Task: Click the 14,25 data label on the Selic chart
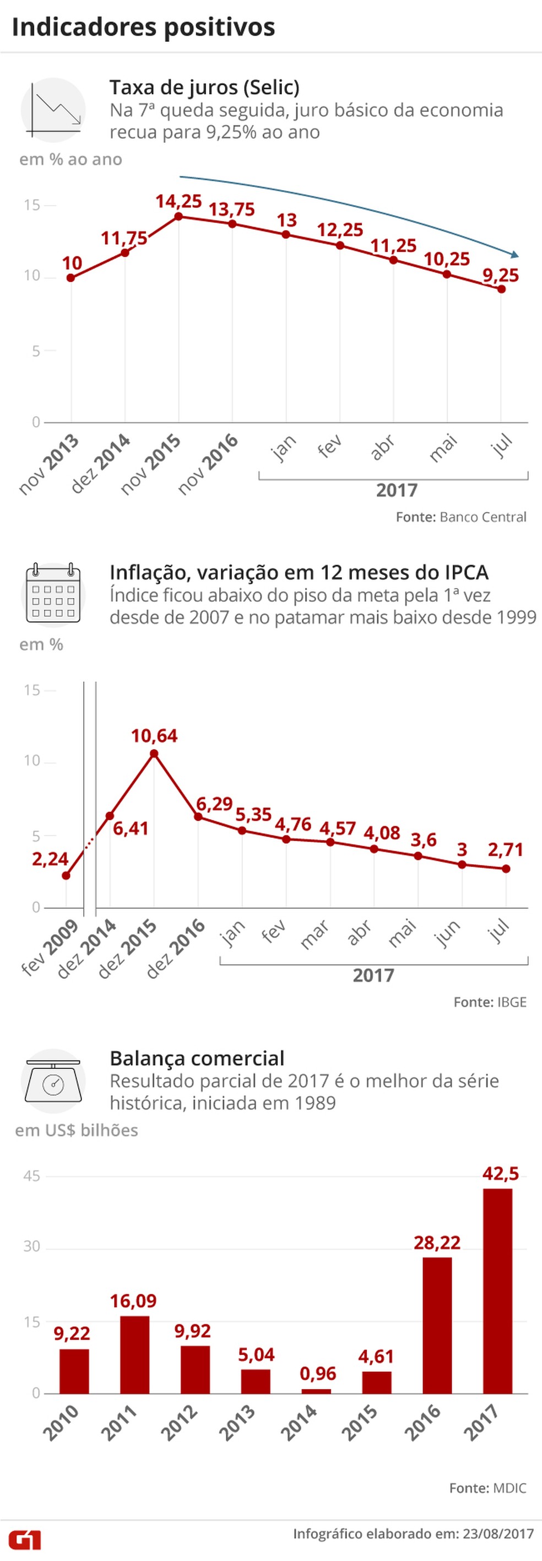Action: (x=178, y=201)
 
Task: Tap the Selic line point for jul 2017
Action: (x=501, y=289)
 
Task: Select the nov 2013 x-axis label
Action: (x=49, y=464)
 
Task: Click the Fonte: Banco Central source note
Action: (x=461, y=517)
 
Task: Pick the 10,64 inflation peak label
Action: (x=154, y=736)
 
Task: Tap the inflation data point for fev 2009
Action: (x=66, y=876)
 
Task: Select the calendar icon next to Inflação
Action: (x=53, y=594)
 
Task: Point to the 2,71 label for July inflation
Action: (x=506, y=849)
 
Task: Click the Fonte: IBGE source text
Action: (x=490, y=1002)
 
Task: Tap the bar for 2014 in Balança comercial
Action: (x=316, y=1391)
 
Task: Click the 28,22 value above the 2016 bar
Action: (x=437, y=1243)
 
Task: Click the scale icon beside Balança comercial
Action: (x=53, y=1081)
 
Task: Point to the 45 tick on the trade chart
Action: (x=31, y=1176)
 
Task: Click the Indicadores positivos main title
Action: (x=144, y=27)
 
